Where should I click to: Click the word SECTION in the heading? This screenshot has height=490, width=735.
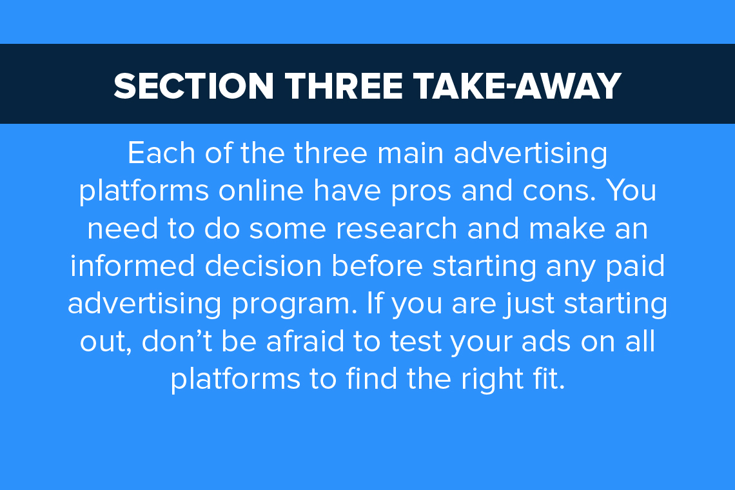click(x=193, y=86)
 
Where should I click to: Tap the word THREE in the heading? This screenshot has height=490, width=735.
click(x=344, y=86)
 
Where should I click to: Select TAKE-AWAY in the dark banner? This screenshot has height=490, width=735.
click(x=518, y=86)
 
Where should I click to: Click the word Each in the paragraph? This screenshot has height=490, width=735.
click(x=161, y=153)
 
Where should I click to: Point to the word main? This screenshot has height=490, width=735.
click(x=410, y=153)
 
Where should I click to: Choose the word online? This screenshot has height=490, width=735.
click(x=261, y=190)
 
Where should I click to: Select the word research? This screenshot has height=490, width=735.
click(x=396, y=228)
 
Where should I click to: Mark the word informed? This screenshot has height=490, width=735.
click(x=133, y=266)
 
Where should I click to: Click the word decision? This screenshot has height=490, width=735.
click(x=263, y=266)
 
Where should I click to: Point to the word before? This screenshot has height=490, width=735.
click(x=377, y=266)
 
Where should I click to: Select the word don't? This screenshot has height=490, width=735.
click(x=176, y=341)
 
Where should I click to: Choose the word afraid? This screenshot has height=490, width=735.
click(x=305, y=341)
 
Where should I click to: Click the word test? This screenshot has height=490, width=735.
click(x=416, y=342)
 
